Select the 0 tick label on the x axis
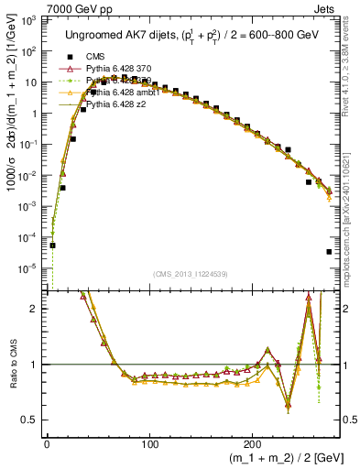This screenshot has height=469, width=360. click(x=47, y=442)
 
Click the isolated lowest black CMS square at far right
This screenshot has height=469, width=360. click(x=329, y=252)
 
